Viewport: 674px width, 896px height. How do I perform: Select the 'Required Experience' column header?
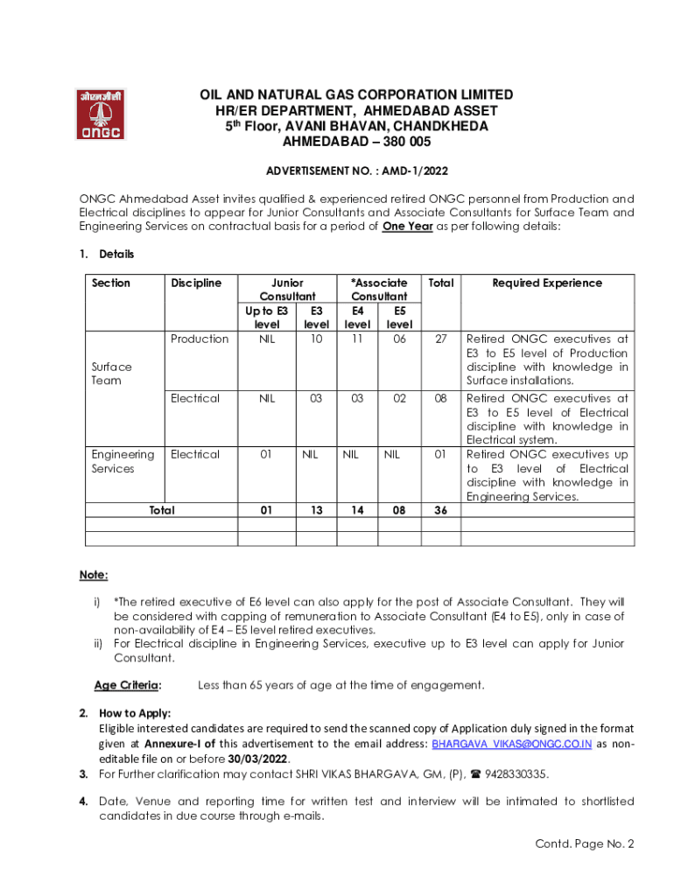[547, 283]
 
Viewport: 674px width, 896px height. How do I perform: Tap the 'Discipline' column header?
[196, 283]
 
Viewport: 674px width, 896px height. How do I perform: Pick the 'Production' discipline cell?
[200, 339]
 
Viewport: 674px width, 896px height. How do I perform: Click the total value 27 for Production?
[440, 339]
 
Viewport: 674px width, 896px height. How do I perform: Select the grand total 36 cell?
[440, 510]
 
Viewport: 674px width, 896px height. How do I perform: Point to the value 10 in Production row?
[317, 339]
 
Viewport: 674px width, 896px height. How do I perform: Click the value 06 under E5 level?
[399, 339]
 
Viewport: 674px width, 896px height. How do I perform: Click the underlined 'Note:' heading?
[94, 575]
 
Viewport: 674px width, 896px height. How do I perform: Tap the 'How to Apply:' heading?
[135, 714]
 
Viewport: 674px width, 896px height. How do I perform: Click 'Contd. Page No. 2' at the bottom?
[584, 843]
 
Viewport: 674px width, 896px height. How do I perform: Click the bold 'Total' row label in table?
[161, 510]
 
